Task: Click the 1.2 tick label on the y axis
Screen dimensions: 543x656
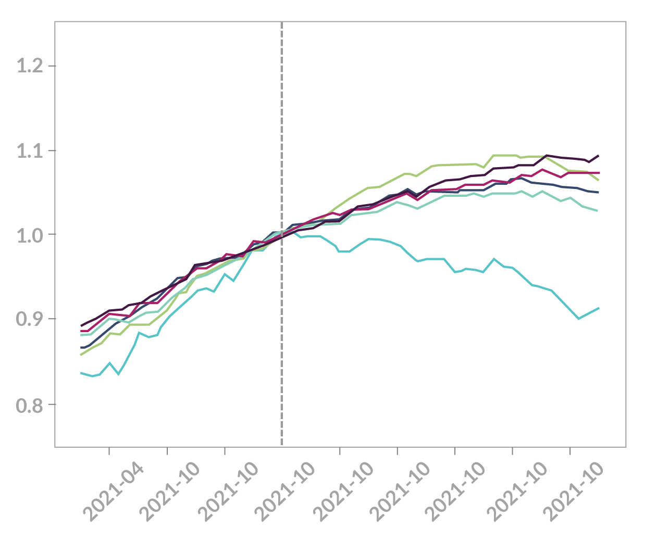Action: [x=29, y=66]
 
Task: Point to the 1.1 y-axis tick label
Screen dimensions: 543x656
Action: [x=29, y=151]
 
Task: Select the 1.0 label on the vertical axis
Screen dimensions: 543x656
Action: [x=29, y=235]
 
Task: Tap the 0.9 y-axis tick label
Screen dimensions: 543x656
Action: [x=29, y=320]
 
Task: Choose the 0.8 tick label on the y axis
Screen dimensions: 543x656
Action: [x=29, y=405]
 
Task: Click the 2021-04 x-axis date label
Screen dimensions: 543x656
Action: [x=113, y=492]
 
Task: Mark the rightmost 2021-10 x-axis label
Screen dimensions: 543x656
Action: [x=574, y=492]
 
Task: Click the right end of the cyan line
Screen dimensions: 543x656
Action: [x=599, y=308]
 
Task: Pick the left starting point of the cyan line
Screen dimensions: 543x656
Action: [x=81, y=373]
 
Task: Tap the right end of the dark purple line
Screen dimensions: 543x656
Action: [x=599, y=155]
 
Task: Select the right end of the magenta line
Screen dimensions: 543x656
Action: [x=599, y=173]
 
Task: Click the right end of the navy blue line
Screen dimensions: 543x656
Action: [x=599, y=192]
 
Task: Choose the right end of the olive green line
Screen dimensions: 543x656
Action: [x=599, y=181]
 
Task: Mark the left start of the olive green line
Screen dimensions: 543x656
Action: [x=81, y=355]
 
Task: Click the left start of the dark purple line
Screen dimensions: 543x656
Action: [x=81, y=325]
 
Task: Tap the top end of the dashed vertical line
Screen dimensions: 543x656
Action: [x=282, y=23]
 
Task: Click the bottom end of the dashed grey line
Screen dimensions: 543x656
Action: [x=282, y=445]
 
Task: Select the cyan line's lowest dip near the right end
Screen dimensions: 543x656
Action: [x=579, y=319]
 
